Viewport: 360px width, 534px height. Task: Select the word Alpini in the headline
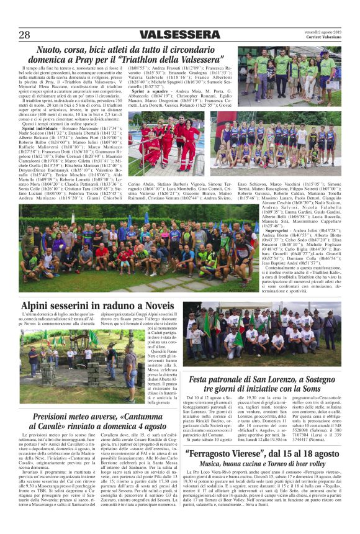tap(40, 306)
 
